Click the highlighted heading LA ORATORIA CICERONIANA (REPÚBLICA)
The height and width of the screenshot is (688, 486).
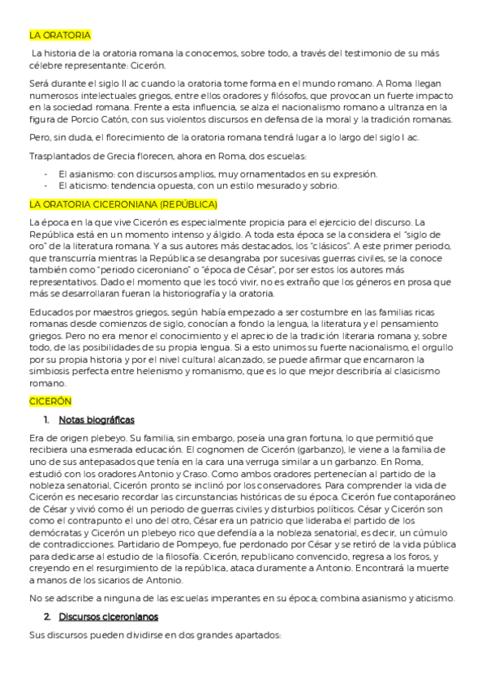coord(117,203)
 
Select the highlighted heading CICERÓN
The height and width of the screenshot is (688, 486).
coord(51,401)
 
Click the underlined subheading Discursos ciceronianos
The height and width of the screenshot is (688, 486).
coord(106,617)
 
